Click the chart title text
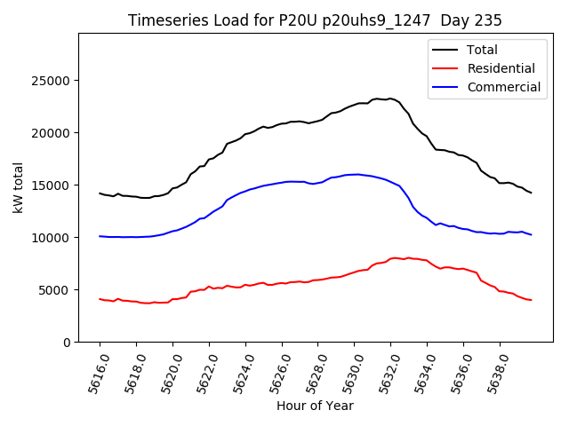coord(315,20)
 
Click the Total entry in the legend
coord(482,50)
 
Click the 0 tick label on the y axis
coord(67,343)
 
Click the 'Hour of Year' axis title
coord(315,406)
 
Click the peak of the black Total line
coord(389,99)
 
